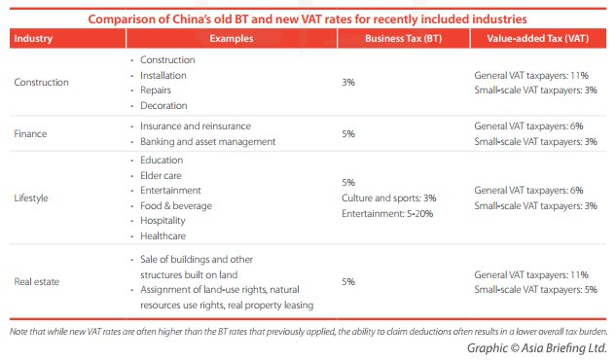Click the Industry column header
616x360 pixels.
tap(34, 39)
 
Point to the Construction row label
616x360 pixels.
tap(42, 83)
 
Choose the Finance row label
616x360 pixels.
tap(31, 133)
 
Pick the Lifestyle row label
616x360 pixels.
tap(33, 198)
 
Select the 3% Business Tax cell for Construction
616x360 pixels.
tap(348, 83)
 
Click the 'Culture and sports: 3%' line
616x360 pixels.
tap(388, 198)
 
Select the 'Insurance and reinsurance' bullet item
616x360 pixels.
tap(195, 126)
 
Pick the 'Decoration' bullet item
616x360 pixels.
tap(163, 105)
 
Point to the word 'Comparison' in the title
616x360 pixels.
tap(124, 18)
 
